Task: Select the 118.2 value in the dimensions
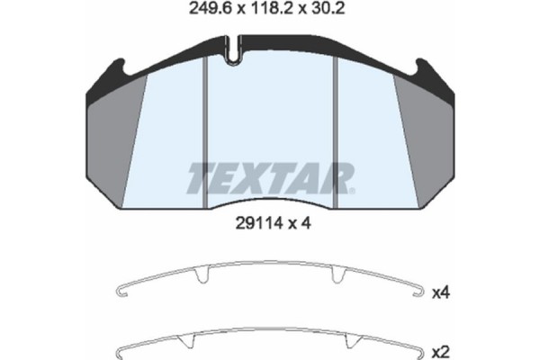tap(274, 12)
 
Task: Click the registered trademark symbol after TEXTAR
tap(352, 191)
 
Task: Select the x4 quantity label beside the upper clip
tap(441, 293)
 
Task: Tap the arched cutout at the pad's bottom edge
tap(270, 202)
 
